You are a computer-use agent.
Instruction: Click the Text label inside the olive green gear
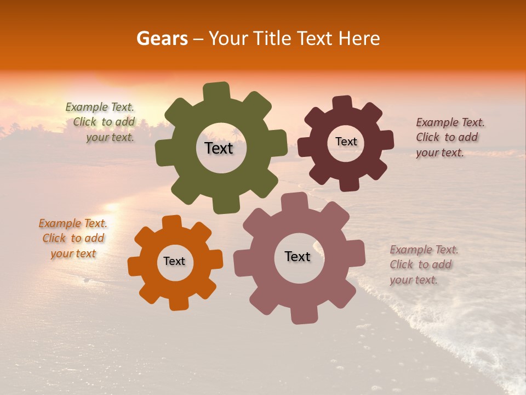(x=219, y=148)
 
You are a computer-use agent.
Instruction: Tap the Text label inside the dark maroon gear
(x=346, y=142)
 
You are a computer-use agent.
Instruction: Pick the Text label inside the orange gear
(x=174, y=261)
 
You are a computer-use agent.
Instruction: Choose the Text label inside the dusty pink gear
(x=298, y=256)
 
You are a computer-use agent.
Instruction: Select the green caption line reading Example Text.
(x=100, y=108)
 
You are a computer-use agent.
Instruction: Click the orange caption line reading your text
(x=73, y=253)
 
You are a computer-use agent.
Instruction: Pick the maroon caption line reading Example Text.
(x=450, y=122)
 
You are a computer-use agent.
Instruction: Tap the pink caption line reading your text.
(x=414, y=280)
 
